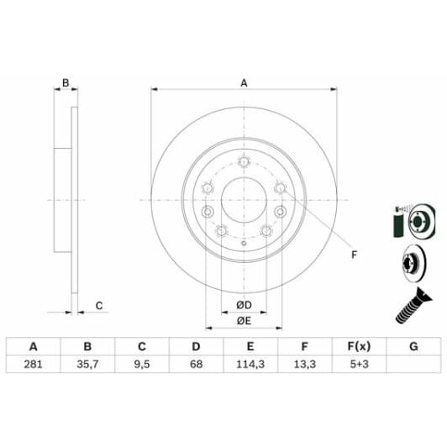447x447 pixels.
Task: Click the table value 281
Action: pos(33,364)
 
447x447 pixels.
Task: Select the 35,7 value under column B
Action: pos(87,365)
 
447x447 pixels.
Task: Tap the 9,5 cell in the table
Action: pos(142,365)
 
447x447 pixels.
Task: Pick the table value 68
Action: pos(196,364)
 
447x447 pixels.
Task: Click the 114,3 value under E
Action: pos(250,365)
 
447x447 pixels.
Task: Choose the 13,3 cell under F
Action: pos(305,365)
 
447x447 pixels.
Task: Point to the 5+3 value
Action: pos(360,364)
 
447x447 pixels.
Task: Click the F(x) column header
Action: pos(360,347)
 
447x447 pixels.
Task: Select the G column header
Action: pos(413,347)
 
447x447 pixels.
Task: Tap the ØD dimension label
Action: pos(244,305)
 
